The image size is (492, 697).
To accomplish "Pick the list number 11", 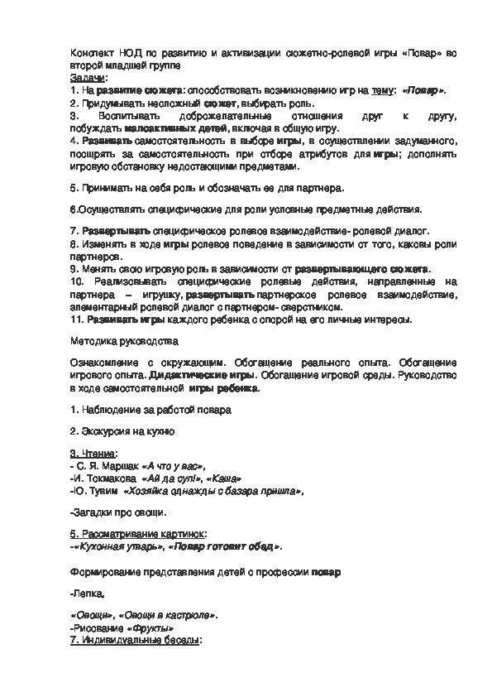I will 76,319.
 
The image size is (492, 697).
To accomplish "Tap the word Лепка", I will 88,594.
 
